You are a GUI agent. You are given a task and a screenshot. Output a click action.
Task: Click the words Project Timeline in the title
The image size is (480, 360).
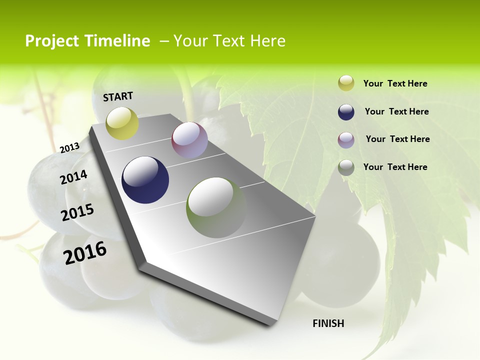(x=87, y=41)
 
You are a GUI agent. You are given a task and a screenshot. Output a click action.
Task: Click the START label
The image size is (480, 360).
(x=118, y=96)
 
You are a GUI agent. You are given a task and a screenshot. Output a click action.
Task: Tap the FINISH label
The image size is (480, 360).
(x=328, y=323)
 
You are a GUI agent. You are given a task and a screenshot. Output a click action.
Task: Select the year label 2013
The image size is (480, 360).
(x=69, y=148)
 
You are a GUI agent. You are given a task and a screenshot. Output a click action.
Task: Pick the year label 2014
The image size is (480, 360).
(x=73, y=177)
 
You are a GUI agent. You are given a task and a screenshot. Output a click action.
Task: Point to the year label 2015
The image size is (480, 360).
(x=77, y=212)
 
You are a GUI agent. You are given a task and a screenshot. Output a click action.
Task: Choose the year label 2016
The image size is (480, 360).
(x=85, y=252)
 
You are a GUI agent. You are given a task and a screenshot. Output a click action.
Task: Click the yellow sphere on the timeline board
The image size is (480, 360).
(x=122, y=123)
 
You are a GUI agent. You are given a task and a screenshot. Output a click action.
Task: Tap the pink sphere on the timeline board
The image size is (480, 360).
(x=189, y=140)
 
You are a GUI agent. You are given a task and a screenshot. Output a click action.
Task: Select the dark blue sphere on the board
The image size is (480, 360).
(x=145, y=180)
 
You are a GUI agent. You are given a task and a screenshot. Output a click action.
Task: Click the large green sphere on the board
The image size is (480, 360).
(x=216, y=207)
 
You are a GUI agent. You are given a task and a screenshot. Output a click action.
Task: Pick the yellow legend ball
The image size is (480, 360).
(x=346, y=83)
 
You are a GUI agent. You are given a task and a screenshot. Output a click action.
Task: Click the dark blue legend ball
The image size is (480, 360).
(x=346, y=112)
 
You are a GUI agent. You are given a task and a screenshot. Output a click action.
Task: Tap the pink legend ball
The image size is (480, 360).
(x=346, y=140)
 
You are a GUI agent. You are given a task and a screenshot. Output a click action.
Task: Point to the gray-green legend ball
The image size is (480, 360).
(x=346, y=167)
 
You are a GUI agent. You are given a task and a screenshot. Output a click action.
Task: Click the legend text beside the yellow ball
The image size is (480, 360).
(x=395, y=84)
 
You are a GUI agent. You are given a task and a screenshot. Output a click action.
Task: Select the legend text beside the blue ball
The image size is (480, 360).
(x=396, y=111)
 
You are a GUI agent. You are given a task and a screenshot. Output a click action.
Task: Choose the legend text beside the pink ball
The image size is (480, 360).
(x=397, y=139)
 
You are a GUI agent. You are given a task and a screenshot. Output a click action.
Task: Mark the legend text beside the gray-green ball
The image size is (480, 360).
(x=395, y=167)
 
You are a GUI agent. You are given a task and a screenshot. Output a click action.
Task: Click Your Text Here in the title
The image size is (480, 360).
(x=229, y=41)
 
